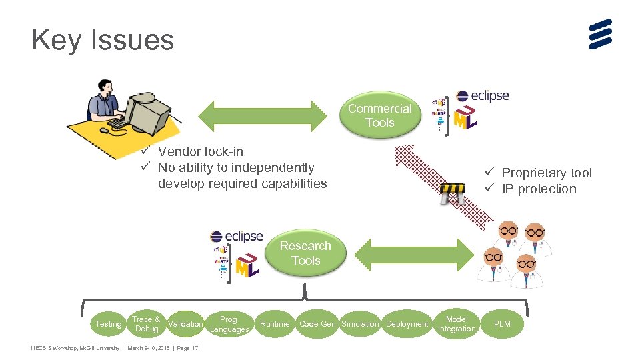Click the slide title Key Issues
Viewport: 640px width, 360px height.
pyautogui.click(x=103, y=40)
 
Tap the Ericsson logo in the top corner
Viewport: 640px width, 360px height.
pyautogui.click(x=600, y=35)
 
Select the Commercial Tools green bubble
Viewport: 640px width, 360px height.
pyautogui.click(x=380, y=115)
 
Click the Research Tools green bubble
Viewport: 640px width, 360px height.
pyautogui.click(x=305, y=253)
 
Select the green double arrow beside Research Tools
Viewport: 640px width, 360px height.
pyautogui.click(x=413, y=252)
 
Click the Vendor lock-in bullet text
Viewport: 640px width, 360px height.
pyautogui.click(x=200, y=151)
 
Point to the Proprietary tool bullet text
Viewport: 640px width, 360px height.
pyautogui.click(x=546, y=173)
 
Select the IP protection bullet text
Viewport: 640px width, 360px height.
pyautogui.click(x=539, y=189)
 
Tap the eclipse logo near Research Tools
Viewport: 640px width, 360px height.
pyautogui.click(x=237, y=237)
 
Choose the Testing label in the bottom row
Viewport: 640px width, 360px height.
pyautogui.click(x=108, y=324)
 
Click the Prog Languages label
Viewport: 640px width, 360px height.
pyautogui.click(x=229, y=325)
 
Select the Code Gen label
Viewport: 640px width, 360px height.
pyautogui.click(x=317, y=324)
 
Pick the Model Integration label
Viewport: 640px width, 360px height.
pyautogui.click(x=457, y=324)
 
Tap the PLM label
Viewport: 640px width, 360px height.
pyautogui.click(x=502, y=324)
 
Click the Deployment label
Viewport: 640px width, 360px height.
pyautogui.click(x=407, y=324)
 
